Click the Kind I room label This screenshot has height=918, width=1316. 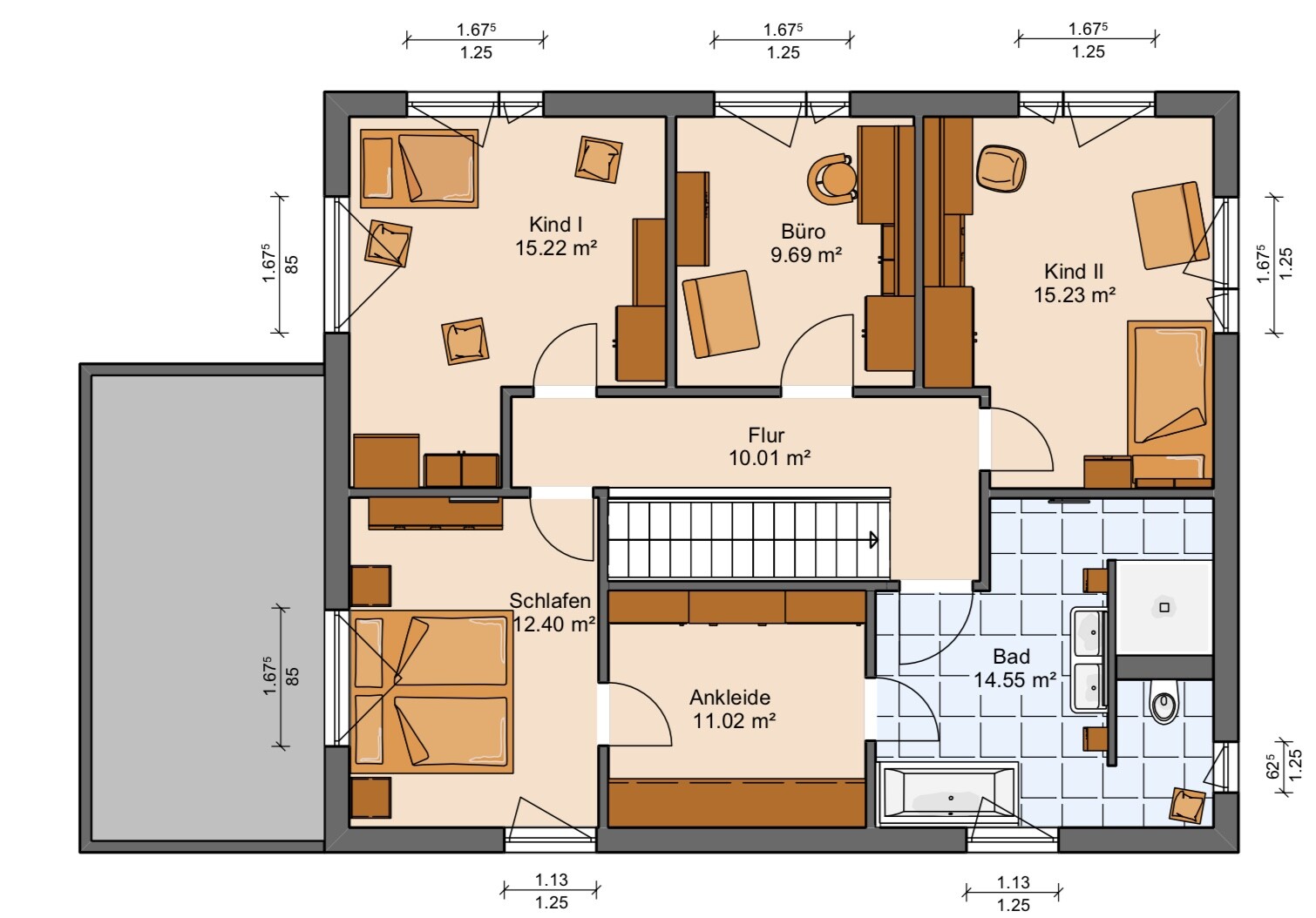[556, 225]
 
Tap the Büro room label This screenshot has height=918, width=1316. [803, 232]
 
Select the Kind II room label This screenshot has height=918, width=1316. [1074, 272]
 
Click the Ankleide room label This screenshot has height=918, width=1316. [729, 698]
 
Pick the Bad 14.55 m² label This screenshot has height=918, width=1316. [1014, 669]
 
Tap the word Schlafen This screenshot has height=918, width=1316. [550, 600]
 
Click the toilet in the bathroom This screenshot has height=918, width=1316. [1163, 701]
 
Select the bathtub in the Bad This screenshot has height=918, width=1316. [947, 794]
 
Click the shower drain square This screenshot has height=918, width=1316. [1163, 608]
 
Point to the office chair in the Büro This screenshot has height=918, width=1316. [831, 179]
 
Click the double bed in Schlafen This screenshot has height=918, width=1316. [431, 692]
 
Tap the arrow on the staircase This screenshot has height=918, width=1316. [873, 540]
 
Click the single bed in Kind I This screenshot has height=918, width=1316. [419, 168]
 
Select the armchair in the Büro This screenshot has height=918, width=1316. [720, 314]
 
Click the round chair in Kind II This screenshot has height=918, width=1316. [1001, 169]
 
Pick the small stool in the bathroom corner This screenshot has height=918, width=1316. [1187, 806]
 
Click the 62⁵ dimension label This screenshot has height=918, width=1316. [1272, 766]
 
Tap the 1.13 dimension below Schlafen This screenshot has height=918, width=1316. [552, 880]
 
